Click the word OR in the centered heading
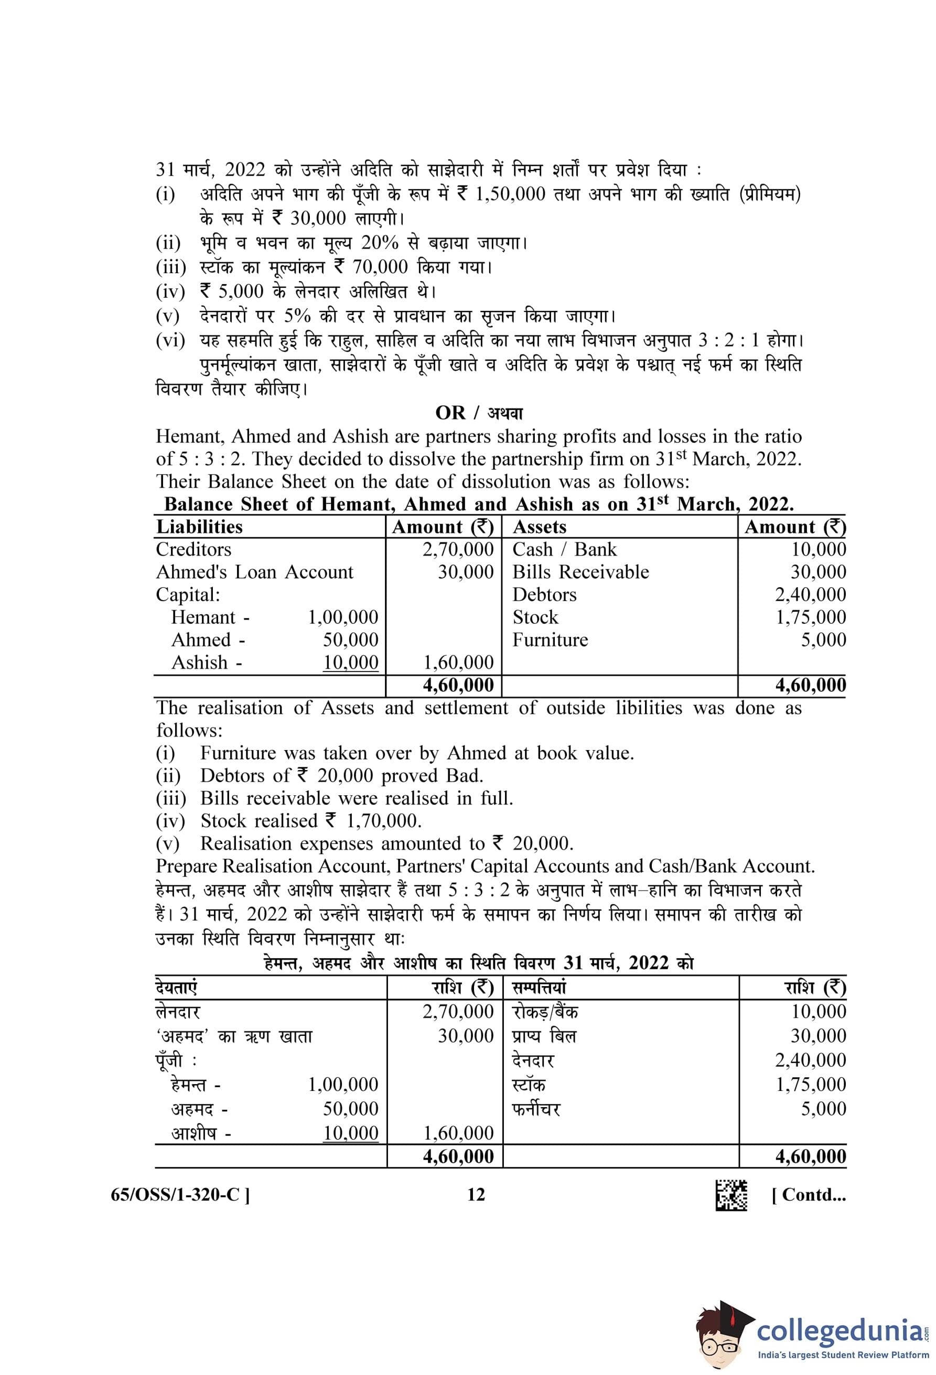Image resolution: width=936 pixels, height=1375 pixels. tap(450, 413)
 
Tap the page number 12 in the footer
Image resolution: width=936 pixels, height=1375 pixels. tap(476, 1195)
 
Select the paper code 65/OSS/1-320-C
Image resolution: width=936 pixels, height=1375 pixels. tap(180, 1195)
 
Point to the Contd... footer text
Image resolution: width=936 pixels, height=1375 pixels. tap(809, 1195)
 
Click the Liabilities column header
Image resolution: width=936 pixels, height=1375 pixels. tap(199, 527)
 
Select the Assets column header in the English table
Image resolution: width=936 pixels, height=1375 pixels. tap(539, 527)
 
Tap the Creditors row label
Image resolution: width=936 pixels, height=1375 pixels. tap(193, 549)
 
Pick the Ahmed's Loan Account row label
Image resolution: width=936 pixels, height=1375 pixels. tap(254, 571)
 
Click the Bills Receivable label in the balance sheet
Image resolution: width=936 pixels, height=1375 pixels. tap(580, 571)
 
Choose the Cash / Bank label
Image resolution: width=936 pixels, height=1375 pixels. tap(564, 549)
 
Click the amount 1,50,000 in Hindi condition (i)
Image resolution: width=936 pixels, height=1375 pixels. tap(510, 194)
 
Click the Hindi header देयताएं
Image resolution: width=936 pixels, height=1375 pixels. tap(176, 988)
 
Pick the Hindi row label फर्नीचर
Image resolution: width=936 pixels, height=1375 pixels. tap(536, 1109)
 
